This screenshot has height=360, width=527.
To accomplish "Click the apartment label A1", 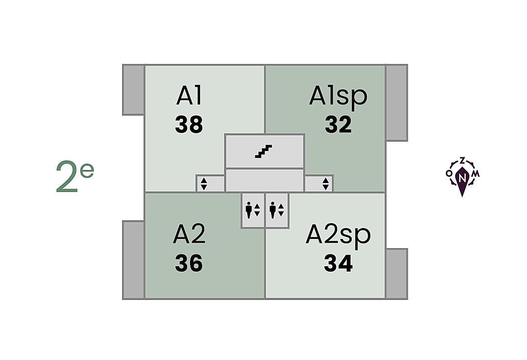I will click(189, 96).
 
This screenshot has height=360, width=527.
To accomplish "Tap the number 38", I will click(189, 125).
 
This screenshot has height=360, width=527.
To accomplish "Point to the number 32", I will click(338, 125).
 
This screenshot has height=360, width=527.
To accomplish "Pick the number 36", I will click(189, 264).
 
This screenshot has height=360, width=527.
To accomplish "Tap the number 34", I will click(338, 264).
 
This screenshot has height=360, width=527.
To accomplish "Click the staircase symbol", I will click(264, 151).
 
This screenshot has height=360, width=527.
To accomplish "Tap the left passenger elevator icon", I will click(253, 210).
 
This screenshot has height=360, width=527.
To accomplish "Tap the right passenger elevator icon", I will click(276, 210).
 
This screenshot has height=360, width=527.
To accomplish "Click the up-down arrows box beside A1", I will click(204, 184).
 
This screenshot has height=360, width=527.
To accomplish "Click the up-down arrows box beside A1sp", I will click(325, 184).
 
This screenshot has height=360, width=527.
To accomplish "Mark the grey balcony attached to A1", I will click(133, 90).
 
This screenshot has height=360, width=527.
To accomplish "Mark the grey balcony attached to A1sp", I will click(396, 103).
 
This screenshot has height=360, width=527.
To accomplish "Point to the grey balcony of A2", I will click(133, 259).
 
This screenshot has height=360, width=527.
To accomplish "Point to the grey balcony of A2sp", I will click(396, 274).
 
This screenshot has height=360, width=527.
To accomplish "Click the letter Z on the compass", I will click(462, 160).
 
